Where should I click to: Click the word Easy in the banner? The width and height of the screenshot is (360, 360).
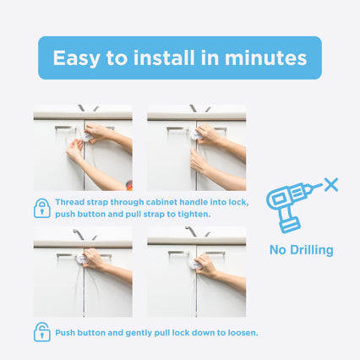[76, 58]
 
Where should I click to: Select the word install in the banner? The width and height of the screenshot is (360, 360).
[164, 57]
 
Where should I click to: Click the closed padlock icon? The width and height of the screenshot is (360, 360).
[42, 208]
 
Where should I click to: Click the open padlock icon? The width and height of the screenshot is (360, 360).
[42, 332]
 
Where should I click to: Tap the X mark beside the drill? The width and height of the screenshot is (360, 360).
[331, 185]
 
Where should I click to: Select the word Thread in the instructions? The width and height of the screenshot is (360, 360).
[69, 202]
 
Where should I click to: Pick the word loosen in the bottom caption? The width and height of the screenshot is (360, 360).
[243, 333]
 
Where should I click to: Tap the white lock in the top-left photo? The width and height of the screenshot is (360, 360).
[86, 137]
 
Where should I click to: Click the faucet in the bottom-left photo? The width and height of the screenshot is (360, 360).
[79, 233]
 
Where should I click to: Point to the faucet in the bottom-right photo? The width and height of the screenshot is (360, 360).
[192, 231]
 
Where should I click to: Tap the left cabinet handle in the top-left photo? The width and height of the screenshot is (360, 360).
[66, 129]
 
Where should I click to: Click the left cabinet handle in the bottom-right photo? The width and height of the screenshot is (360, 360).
[178, 254]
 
